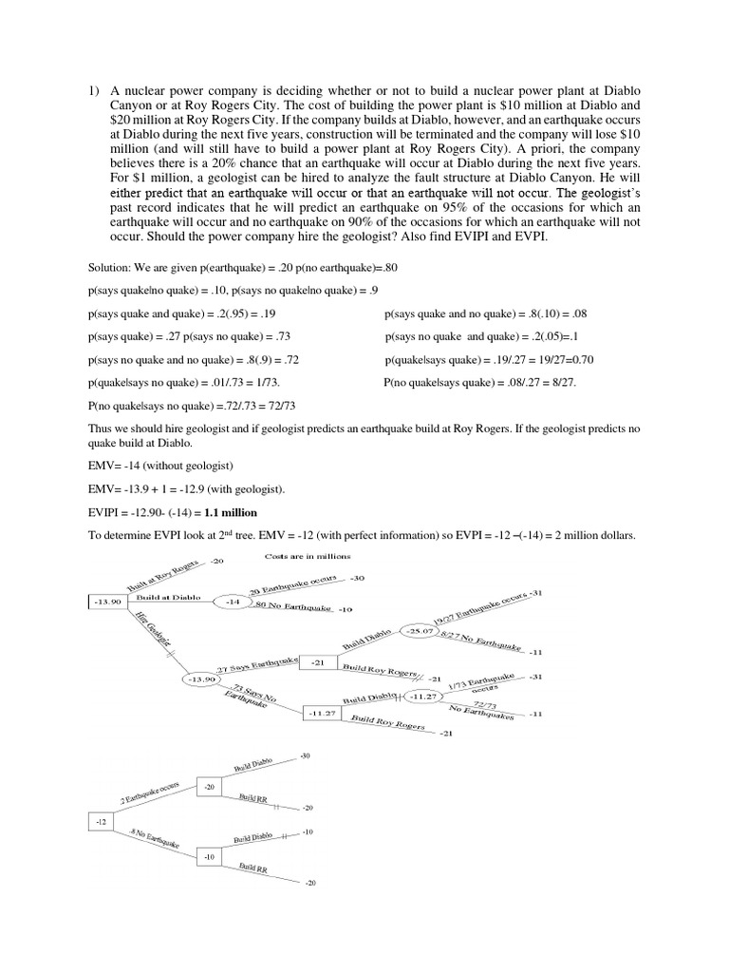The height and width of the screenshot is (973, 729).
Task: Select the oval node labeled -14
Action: pos(233,602)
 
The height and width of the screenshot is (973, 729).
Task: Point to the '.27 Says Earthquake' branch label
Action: pos(257,664)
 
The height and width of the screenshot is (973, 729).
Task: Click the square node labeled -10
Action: pos(210,856)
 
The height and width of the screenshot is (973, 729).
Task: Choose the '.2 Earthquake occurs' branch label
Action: pos(149,796)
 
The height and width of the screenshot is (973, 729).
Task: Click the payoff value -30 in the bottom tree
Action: pos(305,755)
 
